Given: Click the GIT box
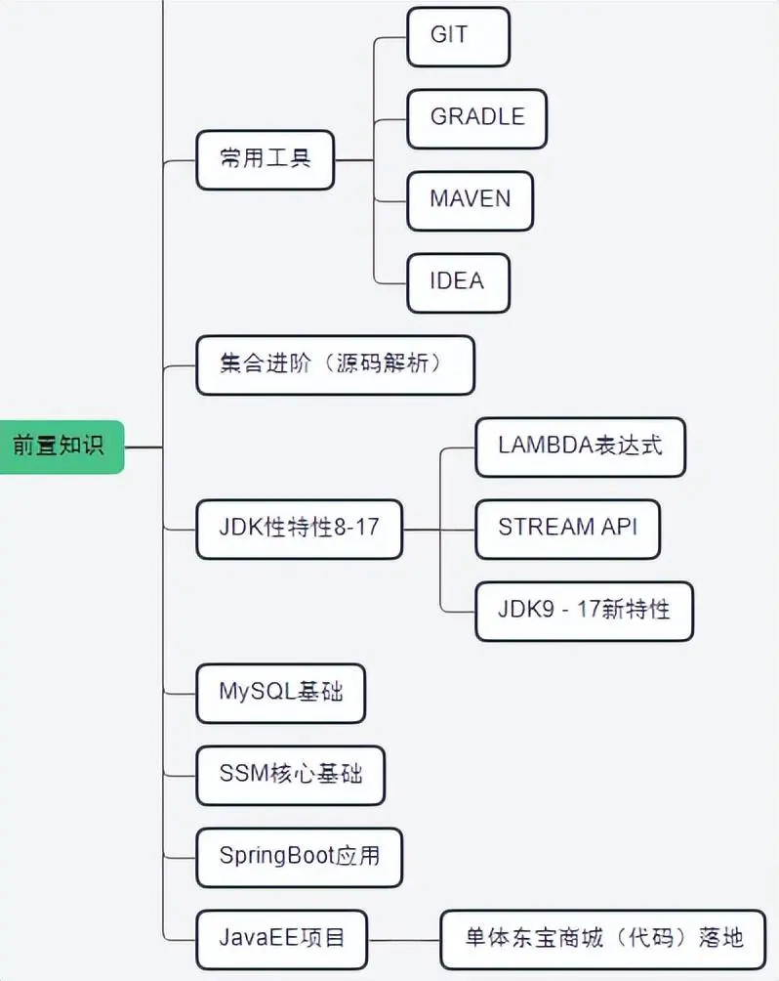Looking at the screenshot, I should click(x=458, y=36).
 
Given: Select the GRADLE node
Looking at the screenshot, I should click(x=476, y=118).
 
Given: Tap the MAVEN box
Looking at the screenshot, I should click(x=470, y=200).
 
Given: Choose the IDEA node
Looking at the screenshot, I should click(x=458, y=282).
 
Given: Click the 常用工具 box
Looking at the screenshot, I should click(x=265, y=159).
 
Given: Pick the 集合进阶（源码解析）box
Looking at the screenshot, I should click(x=335, y=364).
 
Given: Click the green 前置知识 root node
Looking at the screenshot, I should click(x=60, y=447).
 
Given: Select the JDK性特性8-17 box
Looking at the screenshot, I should click(x=299, y=529).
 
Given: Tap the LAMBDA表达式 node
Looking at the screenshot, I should click(x=580, y=447).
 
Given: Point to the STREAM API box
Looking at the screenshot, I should click(x=567, y=529).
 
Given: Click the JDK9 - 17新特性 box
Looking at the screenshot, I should click(x=584, y=611).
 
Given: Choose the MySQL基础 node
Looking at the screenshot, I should click(x=281, y=693).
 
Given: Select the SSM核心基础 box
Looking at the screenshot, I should click(x=290, y=775).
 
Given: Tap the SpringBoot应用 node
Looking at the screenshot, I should click(x=299, y=857).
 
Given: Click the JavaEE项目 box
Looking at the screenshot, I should click(x=281, y=939).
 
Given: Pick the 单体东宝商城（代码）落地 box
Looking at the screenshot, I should click(x=603, y=939).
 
